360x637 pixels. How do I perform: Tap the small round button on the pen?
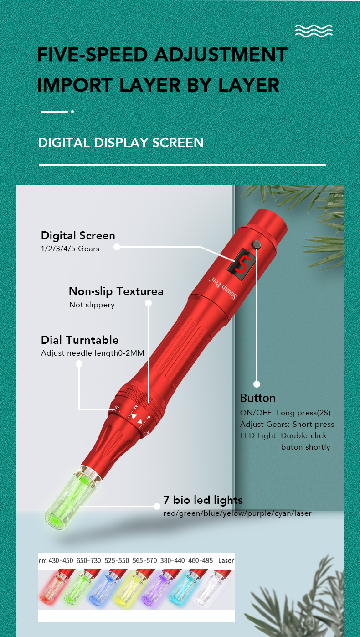[257, 245]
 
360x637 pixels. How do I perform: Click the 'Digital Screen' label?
[78, 236]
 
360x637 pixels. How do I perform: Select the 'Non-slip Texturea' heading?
[116, 291]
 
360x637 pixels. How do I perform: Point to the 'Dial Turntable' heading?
[80, 340]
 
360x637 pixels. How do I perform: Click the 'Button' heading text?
[258, 398]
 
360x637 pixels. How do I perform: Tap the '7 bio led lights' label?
[203, 500]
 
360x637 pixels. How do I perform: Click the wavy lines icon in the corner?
[314, 31]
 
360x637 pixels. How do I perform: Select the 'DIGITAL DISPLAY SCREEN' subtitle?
[121, 143]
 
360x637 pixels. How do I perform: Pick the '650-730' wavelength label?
[89, 560]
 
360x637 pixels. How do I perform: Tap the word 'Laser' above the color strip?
[226, 561]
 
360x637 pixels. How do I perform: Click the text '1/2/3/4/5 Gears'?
[70, 249]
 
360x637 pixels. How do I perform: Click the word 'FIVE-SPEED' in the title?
[93, 55]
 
